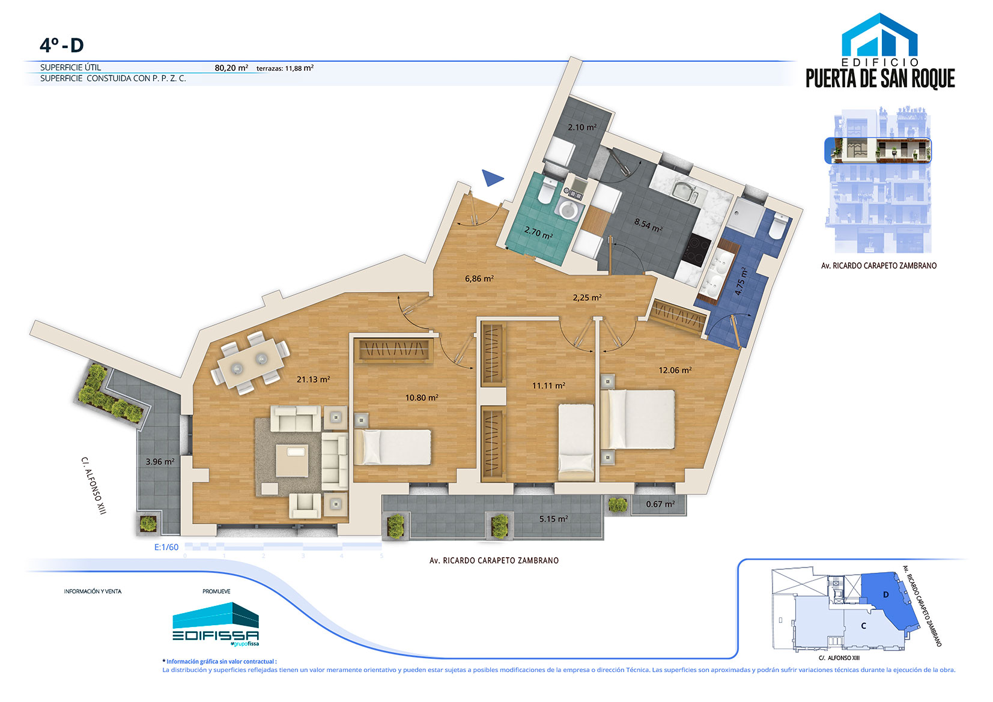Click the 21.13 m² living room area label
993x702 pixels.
point(313,379)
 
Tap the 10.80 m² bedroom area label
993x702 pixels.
point(422,398)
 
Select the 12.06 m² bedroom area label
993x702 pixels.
point(675,369)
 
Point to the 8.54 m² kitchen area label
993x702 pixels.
point(648,225)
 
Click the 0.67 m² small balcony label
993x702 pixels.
point(660,504)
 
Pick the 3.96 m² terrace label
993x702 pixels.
point(160,461)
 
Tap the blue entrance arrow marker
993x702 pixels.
point(491,178)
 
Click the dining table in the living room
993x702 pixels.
point(251,363)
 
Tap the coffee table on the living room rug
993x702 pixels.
point(292,461)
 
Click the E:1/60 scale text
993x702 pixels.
point(166,547)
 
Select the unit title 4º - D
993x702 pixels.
point(62,45)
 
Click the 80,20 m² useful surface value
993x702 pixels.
point(231,68)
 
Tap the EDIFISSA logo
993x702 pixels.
point(216,624)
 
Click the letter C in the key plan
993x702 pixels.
point(863,626)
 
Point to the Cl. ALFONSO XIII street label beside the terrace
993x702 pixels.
point(94,486)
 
